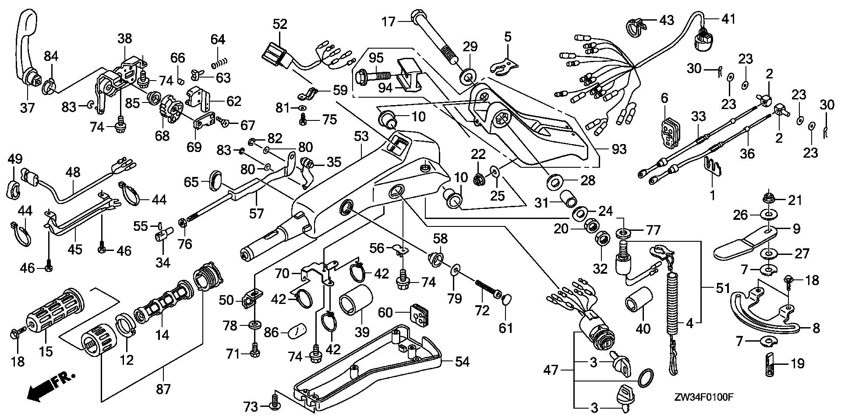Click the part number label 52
(x=280, y=24)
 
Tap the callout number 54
(x=462, y=362)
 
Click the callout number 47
(x=551, y=371)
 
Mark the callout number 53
(x=361, y=137)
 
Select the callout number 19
(x=797, y=363)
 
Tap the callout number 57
(x=257, y=213)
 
